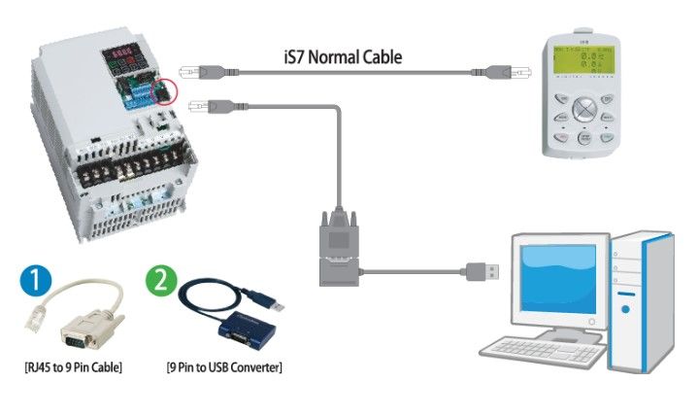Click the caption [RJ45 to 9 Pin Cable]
click(73, 367)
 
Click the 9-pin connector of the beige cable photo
click(78, 336)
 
